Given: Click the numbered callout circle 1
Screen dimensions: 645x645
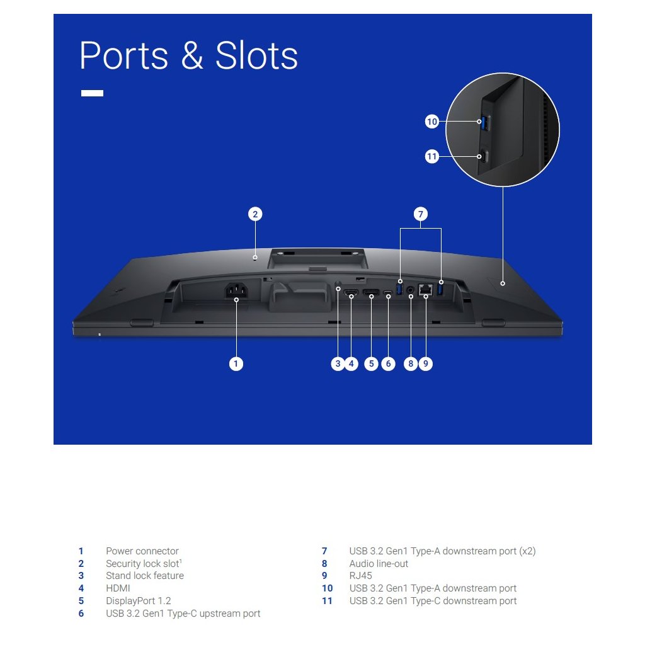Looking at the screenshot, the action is coord(236,363).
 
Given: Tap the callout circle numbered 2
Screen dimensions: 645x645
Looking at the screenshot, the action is coord(254,214).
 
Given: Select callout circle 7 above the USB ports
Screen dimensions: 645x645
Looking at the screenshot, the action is coord(421,214).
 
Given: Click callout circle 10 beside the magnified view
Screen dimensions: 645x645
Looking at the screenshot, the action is coord(431,122).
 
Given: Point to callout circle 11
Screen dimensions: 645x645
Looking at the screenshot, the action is coord(431,157).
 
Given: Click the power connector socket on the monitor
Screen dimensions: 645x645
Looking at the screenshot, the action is coord(236,290).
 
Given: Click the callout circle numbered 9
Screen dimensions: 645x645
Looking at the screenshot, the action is coord(426,363).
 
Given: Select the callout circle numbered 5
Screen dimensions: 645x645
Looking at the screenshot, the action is coord(371,363).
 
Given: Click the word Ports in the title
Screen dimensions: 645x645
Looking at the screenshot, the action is coord(124,56).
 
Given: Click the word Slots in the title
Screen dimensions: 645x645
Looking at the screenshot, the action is coord(256,56).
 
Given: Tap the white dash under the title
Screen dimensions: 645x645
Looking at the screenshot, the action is coord(92,93).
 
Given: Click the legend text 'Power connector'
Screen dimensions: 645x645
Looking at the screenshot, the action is coord(142,551).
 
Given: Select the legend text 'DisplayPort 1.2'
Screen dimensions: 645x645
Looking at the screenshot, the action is coord(138,601).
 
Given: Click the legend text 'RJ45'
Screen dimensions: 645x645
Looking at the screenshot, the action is coord(360,576).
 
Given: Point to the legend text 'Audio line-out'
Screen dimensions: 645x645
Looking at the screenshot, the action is coord(379,564).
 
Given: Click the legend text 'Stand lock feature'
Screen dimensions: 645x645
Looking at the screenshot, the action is coord(145,576).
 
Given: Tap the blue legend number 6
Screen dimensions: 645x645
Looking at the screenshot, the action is coord(81,614).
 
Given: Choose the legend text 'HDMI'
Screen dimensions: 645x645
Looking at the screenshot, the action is coord(118,588).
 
